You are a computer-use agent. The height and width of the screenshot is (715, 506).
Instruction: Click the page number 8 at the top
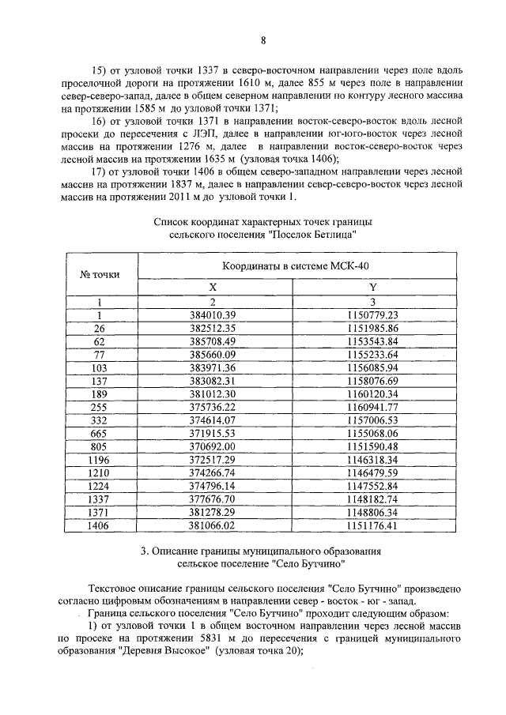(x=263, y=42)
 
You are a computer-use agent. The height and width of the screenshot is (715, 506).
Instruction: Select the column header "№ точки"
(x=100, y=275)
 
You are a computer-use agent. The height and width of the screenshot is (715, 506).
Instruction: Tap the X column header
(x=212, y=289)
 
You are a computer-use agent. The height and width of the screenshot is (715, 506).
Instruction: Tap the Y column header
(x=372, y=289)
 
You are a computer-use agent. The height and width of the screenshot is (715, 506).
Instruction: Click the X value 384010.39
(x=214, y=315)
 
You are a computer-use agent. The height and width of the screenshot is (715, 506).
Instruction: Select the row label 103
(x=100, y=367)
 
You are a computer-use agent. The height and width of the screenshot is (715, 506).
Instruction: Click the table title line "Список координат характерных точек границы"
(x=262, y=223)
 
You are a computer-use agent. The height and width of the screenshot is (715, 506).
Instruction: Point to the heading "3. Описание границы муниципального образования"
(x=262, y=550)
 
